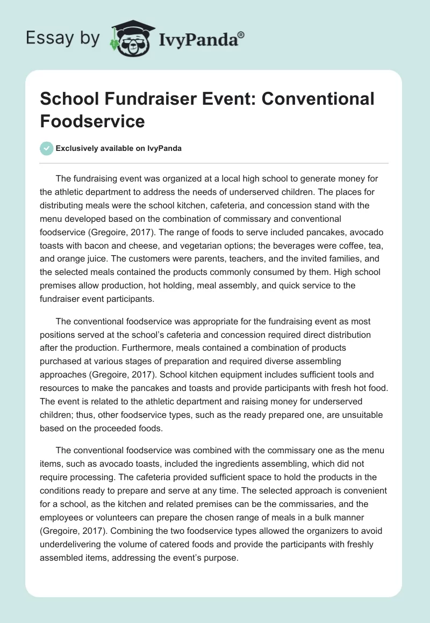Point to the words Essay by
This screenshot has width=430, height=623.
point(62,38)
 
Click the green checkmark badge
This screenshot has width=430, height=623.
point(47,149)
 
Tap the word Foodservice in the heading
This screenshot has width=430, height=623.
point(92,121)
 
